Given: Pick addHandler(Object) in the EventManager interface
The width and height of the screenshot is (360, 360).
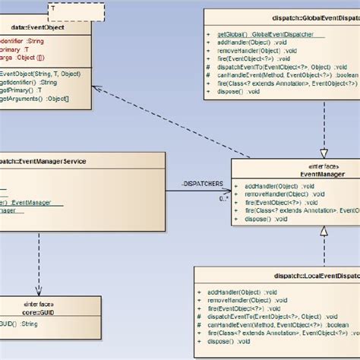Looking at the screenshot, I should tap(273, 186).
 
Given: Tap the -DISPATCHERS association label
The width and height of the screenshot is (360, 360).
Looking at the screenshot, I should tap(201, 183).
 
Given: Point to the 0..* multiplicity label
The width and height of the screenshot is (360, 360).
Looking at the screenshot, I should tap(224, 199).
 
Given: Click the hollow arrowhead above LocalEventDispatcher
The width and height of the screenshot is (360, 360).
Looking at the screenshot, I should tap(324, 229).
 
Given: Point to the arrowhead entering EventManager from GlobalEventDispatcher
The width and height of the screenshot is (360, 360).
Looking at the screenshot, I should tap(324, 154).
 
